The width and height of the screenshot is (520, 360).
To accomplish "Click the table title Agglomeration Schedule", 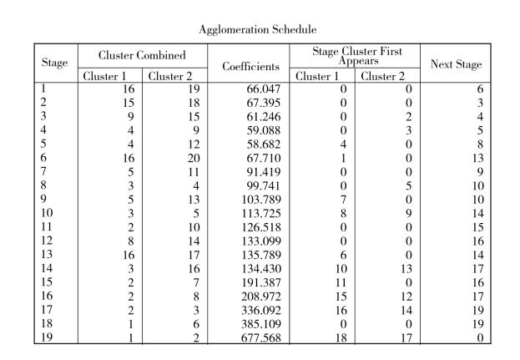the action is coord(258,30).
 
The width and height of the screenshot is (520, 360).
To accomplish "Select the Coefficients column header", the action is coord(250,66).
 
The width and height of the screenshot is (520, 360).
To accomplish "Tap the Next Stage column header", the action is coord(456,64).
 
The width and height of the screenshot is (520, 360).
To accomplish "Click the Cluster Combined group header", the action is coord(142,55).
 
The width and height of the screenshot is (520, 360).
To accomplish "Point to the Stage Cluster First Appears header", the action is coord(357,56).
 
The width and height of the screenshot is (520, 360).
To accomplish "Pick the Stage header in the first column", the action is coord(55,63).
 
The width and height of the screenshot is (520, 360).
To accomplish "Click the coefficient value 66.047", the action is coord(263,89).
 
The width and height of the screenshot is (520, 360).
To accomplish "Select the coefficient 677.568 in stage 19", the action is coord(261,337).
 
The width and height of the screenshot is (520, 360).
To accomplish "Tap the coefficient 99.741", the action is coord(263,185).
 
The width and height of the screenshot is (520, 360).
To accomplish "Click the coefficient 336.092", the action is coord(261,310).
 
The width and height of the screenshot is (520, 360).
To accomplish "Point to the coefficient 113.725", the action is coord(261,213).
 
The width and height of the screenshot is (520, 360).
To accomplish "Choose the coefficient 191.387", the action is coord(261,282).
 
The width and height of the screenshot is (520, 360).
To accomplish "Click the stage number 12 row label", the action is coord(47,241).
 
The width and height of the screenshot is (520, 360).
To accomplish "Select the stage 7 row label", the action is coord(43,171).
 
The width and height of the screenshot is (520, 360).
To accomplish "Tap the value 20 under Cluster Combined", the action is coord(194,158).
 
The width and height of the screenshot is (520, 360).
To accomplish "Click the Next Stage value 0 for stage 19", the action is coord(480,337).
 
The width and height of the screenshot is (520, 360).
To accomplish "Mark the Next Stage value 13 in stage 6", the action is coord(477,158).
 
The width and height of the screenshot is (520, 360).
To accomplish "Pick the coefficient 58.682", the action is coord(263,145).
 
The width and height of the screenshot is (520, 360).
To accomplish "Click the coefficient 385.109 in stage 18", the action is coord(261,324).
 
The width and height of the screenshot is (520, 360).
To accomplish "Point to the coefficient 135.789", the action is coord(261,255).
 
